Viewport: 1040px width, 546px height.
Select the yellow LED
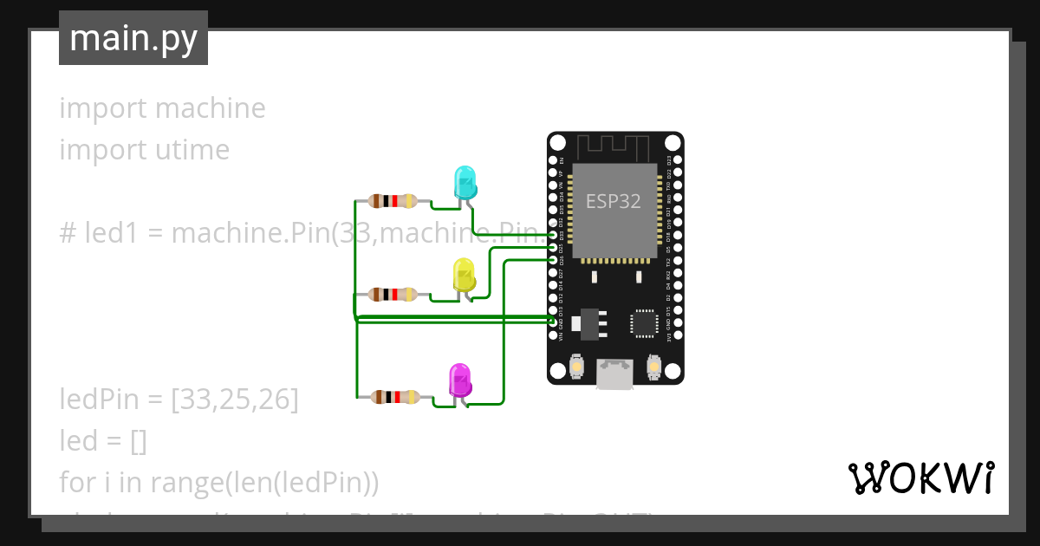[465, 276]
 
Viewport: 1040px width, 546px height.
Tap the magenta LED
[459, 380]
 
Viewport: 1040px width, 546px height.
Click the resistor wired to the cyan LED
[393, 201]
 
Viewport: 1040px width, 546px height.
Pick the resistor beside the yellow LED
[393, 295]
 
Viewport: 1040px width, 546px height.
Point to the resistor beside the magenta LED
[395, 397]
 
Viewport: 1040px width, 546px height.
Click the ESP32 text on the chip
[614, 201]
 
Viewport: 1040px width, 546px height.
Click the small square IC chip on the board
[644, 322]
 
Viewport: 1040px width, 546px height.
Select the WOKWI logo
[920, 478]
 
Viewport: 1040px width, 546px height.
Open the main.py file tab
[133, 38]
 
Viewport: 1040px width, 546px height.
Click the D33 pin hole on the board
[554, 235]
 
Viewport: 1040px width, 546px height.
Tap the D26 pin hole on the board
[554, 260]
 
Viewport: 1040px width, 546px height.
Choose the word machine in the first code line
[210, 108]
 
